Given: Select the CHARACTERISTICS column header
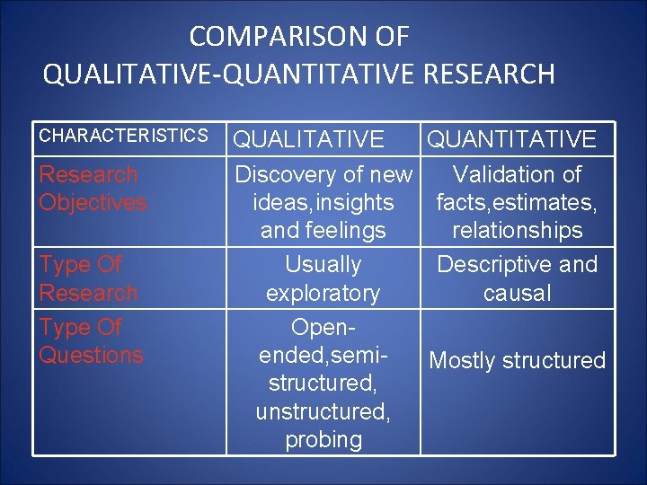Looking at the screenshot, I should coord(123,136).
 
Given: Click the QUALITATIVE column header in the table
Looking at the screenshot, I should coord(309,139).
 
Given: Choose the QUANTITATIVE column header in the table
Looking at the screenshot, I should coord(511,139).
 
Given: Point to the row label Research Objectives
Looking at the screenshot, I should coord(93,189).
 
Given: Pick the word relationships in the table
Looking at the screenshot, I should coord(518,231).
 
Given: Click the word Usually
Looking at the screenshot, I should coord(323,265).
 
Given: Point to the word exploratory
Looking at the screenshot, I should coord(323,294).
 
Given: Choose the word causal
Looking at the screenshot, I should coord(517,294).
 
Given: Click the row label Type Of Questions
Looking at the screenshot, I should coord(91,341).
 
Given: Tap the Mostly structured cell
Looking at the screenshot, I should coord(518,361).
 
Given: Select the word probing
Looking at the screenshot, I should coord(323,440).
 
